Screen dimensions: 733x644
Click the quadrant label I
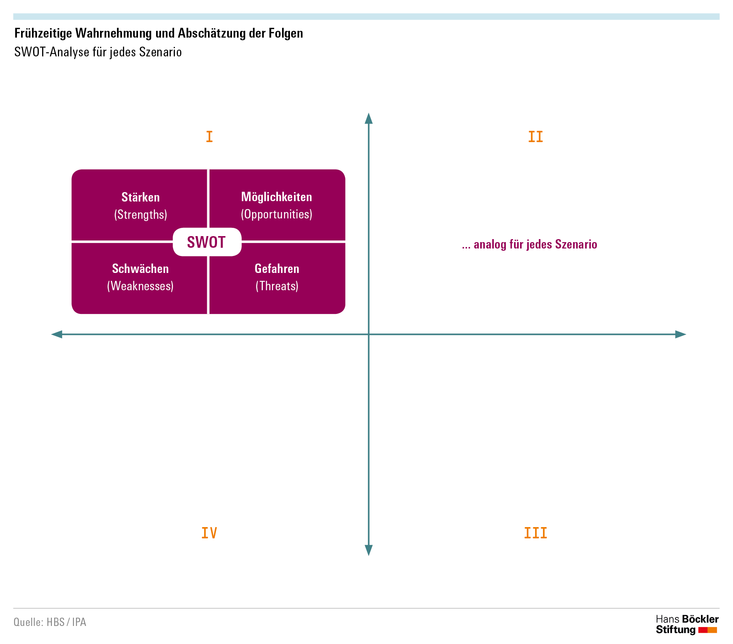pyautogui.click(x=209, y=136)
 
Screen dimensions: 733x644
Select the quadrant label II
pyautogui.click(x=536, y=136)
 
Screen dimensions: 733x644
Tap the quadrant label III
pyautogui.click(x=536, y=533)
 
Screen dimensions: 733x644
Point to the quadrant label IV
pyautogui.click(x=209, y=533)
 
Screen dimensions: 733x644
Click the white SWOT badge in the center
pyautogui.click(x=207, y=242)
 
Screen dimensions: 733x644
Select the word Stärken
pyautogui.click(x=141, y=197)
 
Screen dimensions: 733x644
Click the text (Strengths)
pyautogui.click(x=141, y=215)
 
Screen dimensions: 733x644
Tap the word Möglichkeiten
pyautogui.click(x=276, y=197)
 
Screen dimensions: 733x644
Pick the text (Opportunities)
pyautogui.click(x=276, y=214)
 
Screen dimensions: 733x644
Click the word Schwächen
pyautogui.click(x=140, y=268)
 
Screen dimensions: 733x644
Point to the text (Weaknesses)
pyautogui.click(x=140, y=286)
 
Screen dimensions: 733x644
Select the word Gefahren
pyautogui.click(x=277, y=268)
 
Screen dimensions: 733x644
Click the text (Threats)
pyautogui.click(x=277, y=286)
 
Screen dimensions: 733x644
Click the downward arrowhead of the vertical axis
pyautogui.click(x=369, y=550)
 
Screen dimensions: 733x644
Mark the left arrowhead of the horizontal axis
pyautogui.click(x=57, y=334)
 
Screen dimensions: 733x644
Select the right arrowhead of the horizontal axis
pyautogui.click(x=681, y=334)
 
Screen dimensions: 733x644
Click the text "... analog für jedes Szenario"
pyautogui.click(x=530, y=244)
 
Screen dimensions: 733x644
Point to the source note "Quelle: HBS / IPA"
pyautogui.click(x=50, y=622)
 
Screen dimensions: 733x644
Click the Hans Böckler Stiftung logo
pyautogui.click(x=687, y=624)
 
